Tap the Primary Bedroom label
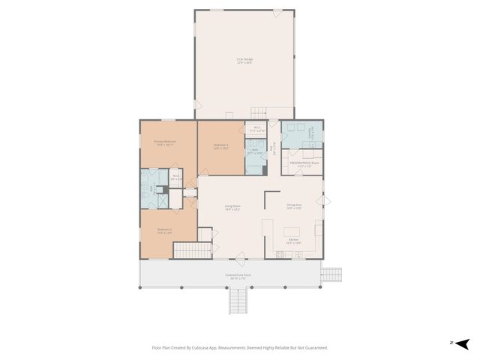point(164,143)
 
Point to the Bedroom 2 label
point(164,232)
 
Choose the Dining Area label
point(294,206)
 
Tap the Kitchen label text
point(294,241)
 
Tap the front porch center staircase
point(238,301)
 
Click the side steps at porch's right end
point(331,275)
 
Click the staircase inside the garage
point(259,112)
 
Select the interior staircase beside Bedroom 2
point(193,250)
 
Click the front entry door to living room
point(240,260)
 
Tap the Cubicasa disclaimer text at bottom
point(240,347)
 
